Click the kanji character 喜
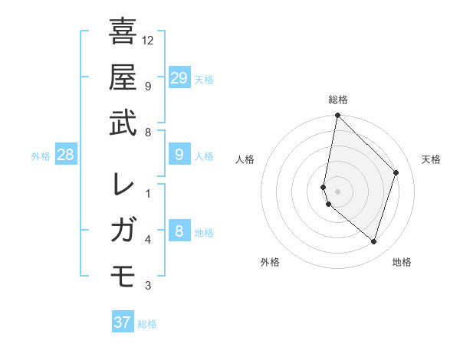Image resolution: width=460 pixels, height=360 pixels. tap(123, 31)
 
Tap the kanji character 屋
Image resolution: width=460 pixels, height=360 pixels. tap(123, 77)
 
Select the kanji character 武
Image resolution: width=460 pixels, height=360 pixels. tap(123, 123)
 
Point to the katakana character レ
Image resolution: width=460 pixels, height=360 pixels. tap(123, 185)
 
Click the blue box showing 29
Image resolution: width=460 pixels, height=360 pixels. tap(179, 77)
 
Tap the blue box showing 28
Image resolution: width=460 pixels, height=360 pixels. tap(66, 155)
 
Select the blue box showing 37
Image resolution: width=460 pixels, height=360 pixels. tap(123, 322)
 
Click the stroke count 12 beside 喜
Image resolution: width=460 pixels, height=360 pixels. tap(148, 40)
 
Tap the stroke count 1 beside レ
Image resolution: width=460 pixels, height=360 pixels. tap(148, 193)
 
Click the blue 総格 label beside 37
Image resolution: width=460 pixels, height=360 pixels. tap(147, 324)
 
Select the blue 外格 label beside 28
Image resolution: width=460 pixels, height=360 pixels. tap(41, 156)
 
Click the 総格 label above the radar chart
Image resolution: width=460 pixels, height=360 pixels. tap(338, 100)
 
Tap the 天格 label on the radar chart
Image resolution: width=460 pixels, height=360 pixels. tap(431, 159)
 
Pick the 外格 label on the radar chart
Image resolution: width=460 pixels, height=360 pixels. tap(270, 262)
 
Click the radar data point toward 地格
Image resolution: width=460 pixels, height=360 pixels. tap(373, 242)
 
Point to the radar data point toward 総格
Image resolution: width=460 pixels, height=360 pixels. tap(337, 116)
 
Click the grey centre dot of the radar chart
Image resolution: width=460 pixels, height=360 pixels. tap(337, 191)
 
